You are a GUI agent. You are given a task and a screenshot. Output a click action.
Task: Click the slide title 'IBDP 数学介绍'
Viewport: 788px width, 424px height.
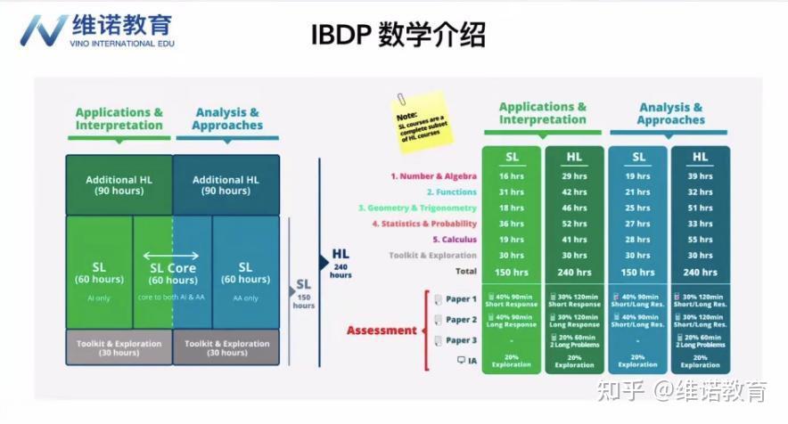[x=398, y=35]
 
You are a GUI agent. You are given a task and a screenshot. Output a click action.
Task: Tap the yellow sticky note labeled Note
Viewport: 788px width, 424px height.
[x=423, y=120]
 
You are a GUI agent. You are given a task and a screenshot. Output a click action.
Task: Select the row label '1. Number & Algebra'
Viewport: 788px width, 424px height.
[x=433, y=176]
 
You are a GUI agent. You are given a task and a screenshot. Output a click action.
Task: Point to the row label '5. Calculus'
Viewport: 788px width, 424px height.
[x=455, y=240]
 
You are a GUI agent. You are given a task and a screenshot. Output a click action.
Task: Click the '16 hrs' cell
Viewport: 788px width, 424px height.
[x=512, y=176]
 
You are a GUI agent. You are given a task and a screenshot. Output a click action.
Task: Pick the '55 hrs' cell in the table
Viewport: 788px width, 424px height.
[x=700, y=240]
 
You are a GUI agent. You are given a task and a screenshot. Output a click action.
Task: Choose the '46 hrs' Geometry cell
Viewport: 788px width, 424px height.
[x=574, y=208]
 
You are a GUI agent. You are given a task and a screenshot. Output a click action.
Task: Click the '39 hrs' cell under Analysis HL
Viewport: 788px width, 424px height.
[x=700, y=176]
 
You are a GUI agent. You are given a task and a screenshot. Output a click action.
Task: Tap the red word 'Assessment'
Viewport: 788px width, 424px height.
[x=382, y=330]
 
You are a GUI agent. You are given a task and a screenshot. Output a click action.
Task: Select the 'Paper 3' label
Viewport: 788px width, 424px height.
[x=461, y=340]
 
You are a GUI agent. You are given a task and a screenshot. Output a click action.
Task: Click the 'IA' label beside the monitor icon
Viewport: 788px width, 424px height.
[x=472, y=361]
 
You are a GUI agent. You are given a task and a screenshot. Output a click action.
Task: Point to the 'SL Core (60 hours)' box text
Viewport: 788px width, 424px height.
[x=172, y=273]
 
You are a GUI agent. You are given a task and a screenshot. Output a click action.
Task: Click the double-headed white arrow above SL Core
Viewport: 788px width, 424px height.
[x=172, y=255]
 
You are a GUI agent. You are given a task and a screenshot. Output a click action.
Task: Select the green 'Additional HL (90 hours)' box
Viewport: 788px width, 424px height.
[x=119, y=185]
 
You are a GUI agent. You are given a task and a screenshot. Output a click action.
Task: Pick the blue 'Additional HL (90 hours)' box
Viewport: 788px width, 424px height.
[x=226, y=185]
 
